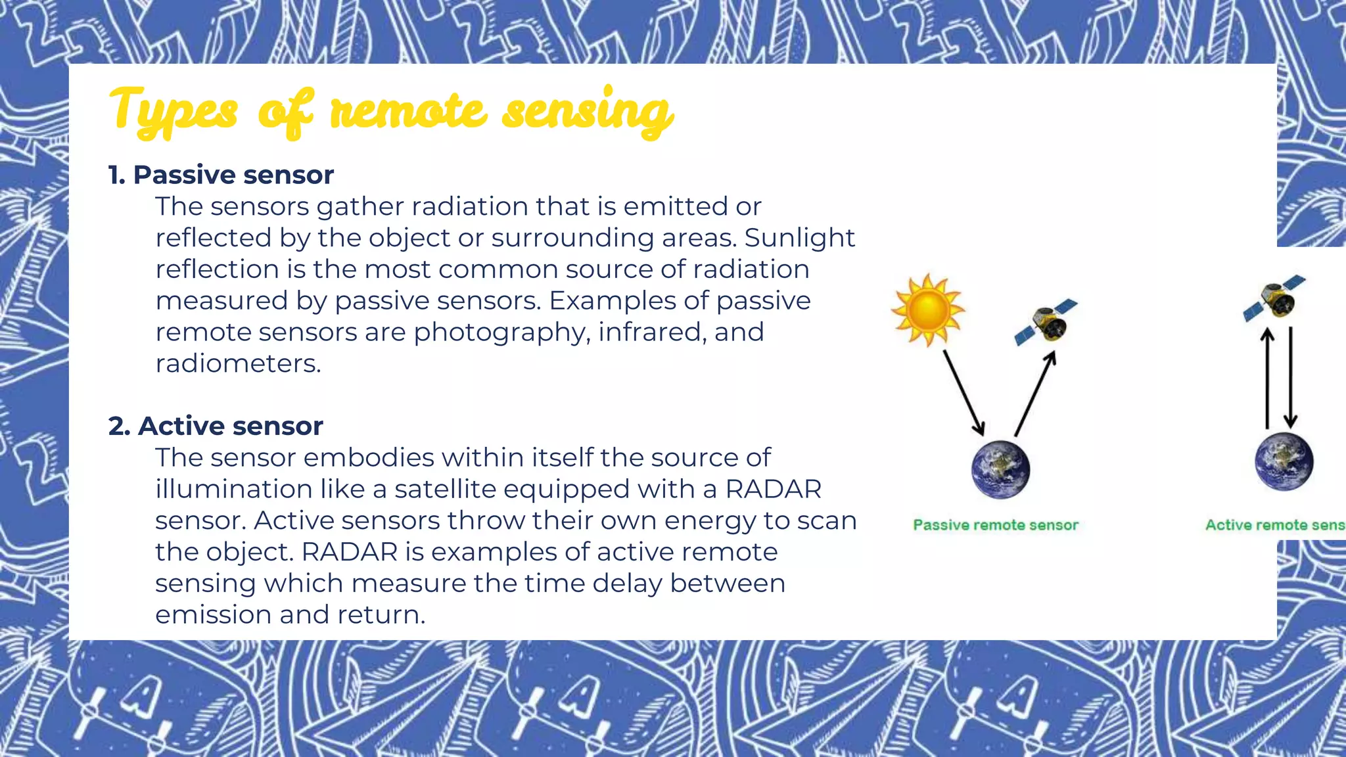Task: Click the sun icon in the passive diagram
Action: (x=927, y=310)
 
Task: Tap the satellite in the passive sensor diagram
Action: (x=1046, y=322)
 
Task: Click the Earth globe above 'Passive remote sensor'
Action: (x=1000, y=469)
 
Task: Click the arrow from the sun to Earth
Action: (x=963, y=392)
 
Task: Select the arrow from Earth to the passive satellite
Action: (x=1035, y=394)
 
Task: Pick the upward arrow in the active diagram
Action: (x=1268, y=379)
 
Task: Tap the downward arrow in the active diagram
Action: (x=1291, y=379)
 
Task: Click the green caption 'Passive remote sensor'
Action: (x=996, y=525)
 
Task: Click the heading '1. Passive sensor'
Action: (x=221, y=175)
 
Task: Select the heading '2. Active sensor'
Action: (x=216, y=426)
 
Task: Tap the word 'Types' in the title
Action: (x=173, y=110)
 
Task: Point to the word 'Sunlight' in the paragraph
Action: (x=799, y=238)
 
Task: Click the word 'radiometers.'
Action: (x=238, y=363)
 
